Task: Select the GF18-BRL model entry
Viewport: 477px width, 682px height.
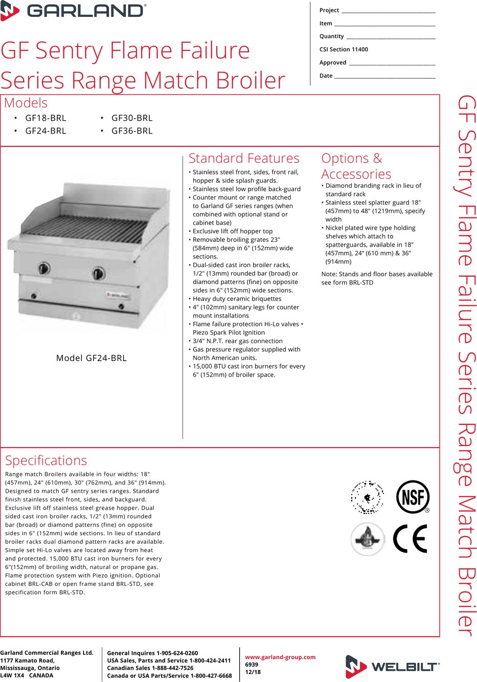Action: [46, 118]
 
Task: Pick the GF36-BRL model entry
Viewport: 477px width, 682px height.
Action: [132, 131]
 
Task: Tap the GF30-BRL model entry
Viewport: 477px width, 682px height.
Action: [132, 118]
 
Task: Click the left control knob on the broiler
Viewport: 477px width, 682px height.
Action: [44, 268]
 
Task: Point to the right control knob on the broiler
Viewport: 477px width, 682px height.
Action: [98, 273]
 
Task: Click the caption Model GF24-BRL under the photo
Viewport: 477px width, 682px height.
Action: [92, 358]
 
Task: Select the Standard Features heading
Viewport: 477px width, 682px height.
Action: [244, 159]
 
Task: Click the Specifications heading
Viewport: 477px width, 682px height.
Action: [46, 460]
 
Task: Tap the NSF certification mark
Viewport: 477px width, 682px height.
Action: [413, 497]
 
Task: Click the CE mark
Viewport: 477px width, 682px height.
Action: [410, 539]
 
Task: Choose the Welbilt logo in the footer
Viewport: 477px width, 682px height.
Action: [392, 666]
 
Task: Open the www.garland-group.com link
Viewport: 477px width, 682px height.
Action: [280, 657]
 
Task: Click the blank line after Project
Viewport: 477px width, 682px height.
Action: [388, 11]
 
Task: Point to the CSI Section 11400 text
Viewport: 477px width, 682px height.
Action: [344, 50]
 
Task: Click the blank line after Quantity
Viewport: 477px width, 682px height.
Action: [391, 37]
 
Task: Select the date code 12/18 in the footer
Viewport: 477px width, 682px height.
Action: [253, 672]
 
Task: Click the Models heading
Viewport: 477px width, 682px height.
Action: [26, 103]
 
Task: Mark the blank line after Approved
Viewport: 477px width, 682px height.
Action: [392, 63]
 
